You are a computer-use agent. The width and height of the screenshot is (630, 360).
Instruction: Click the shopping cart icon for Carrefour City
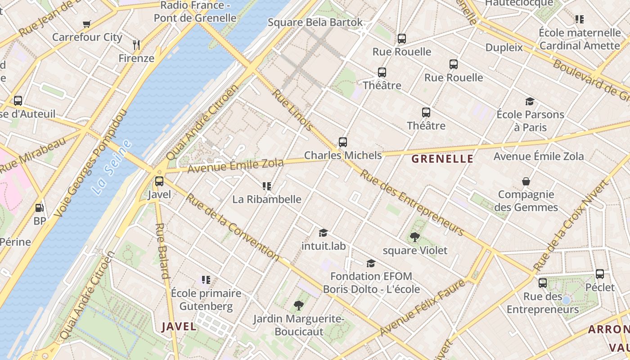[86, 24]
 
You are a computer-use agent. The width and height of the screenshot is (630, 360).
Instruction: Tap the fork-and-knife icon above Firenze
[136, 45]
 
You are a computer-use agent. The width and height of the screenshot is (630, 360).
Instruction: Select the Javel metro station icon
[159, 181]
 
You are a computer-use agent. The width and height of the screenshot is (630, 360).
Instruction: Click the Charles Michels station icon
[343, 142]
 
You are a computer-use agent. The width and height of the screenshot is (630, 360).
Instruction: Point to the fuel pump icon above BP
[40, 208]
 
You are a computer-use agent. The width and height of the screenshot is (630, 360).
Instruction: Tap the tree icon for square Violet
[415, 237]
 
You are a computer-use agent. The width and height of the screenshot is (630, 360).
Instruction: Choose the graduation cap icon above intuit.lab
[324, 233]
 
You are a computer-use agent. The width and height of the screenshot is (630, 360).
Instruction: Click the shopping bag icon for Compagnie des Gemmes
[526, 181]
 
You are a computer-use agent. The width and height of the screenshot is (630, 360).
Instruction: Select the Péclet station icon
[600, 274]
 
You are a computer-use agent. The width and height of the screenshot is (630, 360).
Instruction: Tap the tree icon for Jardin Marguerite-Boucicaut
[298, 306]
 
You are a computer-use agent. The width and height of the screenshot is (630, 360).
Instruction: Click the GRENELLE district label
[442, 158]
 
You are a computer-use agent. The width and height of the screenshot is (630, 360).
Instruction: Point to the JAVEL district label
[179, 326]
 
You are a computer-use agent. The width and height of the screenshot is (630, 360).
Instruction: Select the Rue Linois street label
[293, 110]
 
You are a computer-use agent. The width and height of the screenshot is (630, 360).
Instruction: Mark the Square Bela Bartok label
[315, 22]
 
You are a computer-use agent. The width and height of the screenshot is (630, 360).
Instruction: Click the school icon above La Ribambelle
[267, 186]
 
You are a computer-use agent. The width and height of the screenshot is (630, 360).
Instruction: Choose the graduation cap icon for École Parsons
[530, 102]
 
